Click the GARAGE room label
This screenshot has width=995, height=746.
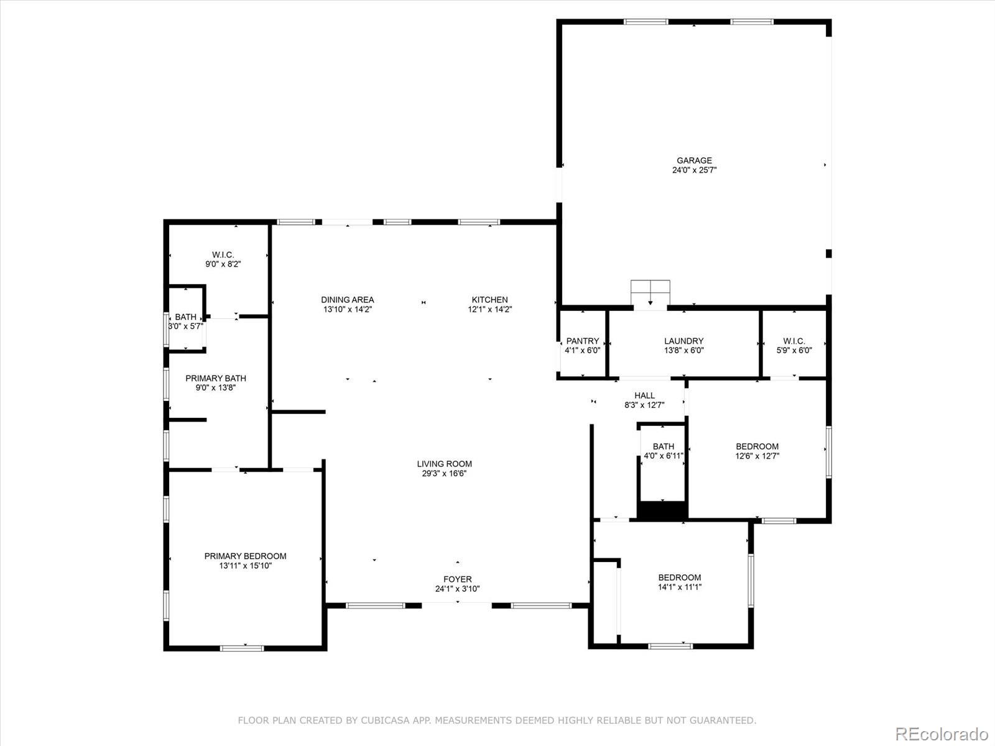(x=694, y=160)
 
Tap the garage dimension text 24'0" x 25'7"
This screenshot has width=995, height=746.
(x=694, y=170)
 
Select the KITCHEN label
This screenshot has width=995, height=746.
(x=489, y=300)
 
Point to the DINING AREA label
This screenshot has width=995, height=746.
(x=348, y=300)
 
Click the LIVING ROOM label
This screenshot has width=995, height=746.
(x=444, y=464)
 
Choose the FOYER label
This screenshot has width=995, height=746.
(x=457, y=579)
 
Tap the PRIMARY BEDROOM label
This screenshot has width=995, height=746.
(x=245, y=556)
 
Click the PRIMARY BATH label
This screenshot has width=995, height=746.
(x=216, y=378)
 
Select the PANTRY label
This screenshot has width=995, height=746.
(x=583, y=341)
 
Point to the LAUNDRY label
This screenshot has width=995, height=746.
(x=683, y=341)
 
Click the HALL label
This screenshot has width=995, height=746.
(x=644, y=396)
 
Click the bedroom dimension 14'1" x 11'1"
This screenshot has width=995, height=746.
(x=680, y=587)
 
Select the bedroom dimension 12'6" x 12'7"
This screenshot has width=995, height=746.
(x=757, y=456)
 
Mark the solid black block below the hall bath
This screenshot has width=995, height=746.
(x=662, y=510)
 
